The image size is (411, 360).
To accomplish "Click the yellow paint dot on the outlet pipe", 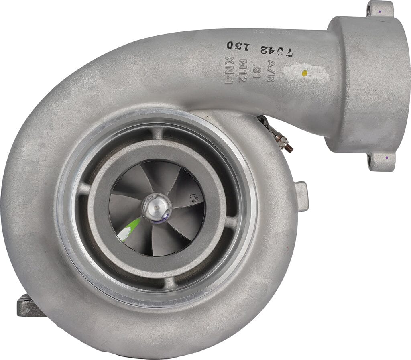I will (x=305, y=73).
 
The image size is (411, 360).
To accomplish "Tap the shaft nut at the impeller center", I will (x=157, y=207).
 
